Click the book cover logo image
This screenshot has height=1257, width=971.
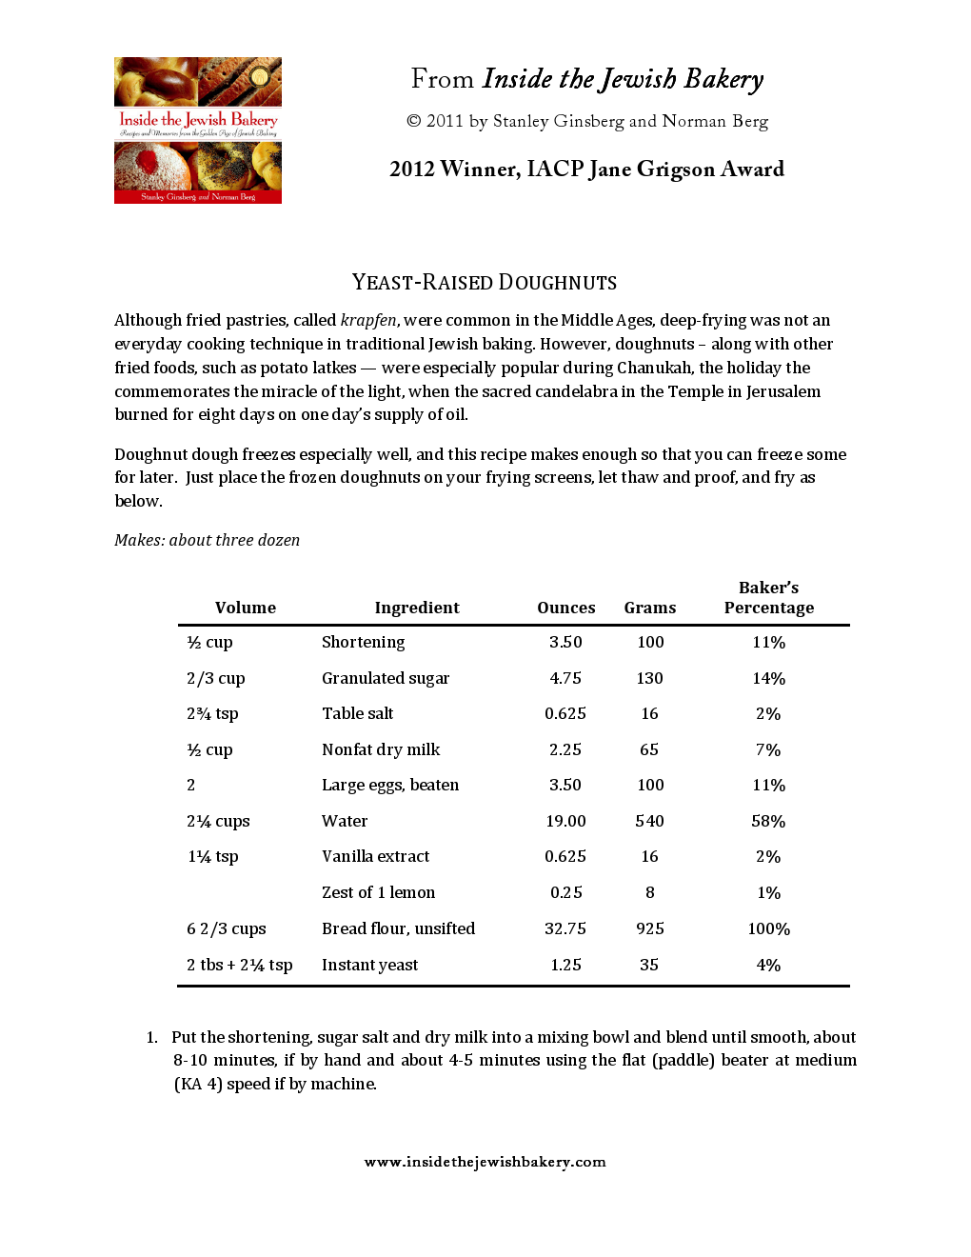click(x=198, y=130)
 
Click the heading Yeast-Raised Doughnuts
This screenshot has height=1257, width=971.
click(x=485, y=283)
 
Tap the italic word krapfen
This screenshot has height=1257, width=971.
click(x=367, y=320)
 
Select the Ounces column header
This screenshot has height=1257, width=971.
click(x=565, y=608)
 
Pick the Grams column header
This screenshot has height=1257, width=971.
click(x=650, y=608)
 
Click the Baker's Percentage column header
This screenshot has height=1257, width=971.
click(x=768, y=598)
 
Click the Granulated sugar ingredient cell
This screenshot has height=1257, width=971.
click(x=386, y=678)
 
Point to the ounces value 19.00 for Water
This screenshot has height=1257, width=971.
click(x=565, y=821)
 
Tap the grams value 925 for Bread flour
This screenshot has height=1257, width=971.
click(x=650, y=928)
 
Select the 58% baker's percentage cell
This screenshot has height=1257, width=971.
click(x=768, y=821)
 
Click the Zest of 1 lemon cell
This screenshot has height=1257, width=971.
click(x=378, y=892)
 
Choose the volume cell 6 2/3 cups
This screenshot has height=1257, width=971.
click(x=227, y=928)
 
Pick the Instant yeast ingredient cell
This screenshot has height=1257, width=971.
click(x=369, y=965)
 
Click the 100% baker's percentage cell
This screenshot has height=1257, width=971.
click(x=768, y=928)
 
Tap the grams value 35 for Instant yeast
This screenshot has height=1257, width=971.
click(x=649, y=965)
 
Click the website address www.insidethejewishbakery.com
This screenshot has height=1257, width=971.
click(x=485, y=1162)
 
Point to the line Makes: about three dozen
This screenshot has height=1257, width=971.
click(x=207, y=540)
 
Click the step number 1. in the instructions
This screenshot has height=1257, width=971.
click(x=152, y=1037)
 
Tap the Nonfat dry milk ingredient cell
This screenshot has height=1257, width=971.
click(x=381, y=749)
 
